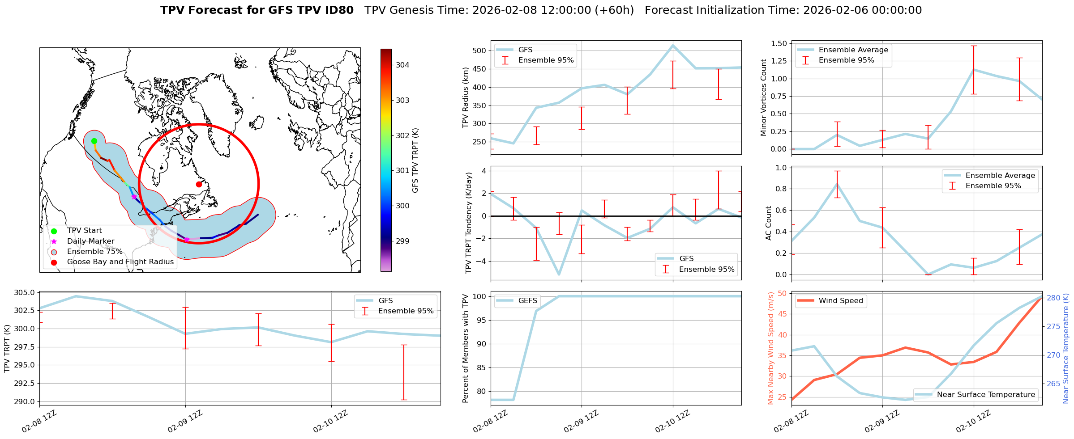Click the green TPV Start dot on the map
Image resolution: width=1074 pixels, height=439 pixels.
click(x=94, y=141)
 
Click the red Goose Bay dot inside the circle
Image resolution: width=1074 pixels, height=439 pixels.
click(x=199, y=184)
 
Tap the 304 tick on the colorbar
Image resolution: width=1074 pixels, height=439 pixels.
click(x=402, y=65)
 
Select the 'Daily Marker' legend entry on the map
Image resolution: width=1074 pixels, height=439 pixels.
click(x=90, y=241)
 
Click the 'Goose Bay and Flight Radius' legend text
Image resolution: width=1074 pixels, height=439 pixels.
click(x=120, y=262)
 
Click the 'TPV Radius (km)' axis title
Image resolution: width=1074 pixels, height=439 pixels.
click(x=466, y=97)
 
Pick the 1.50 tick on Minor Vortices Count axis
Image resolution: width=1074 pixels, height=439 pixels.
click(x=779, y=44)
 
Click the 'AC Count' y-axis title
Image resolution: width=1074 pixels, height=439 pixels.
click(x=769, y=223)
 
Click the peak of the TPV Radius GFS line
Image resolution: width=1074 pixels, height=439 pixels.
click(x=673, y=45)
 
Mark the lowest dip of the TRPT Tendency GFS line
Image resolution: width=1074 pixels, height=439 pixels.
click(x=559, y=274)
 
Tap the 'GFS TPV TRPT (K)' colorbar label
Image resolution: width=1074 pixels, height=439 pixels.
click(x=415, y=160)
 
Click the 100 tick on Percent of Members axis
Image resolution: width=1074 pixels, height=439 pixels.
click(x=480, y=296)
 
